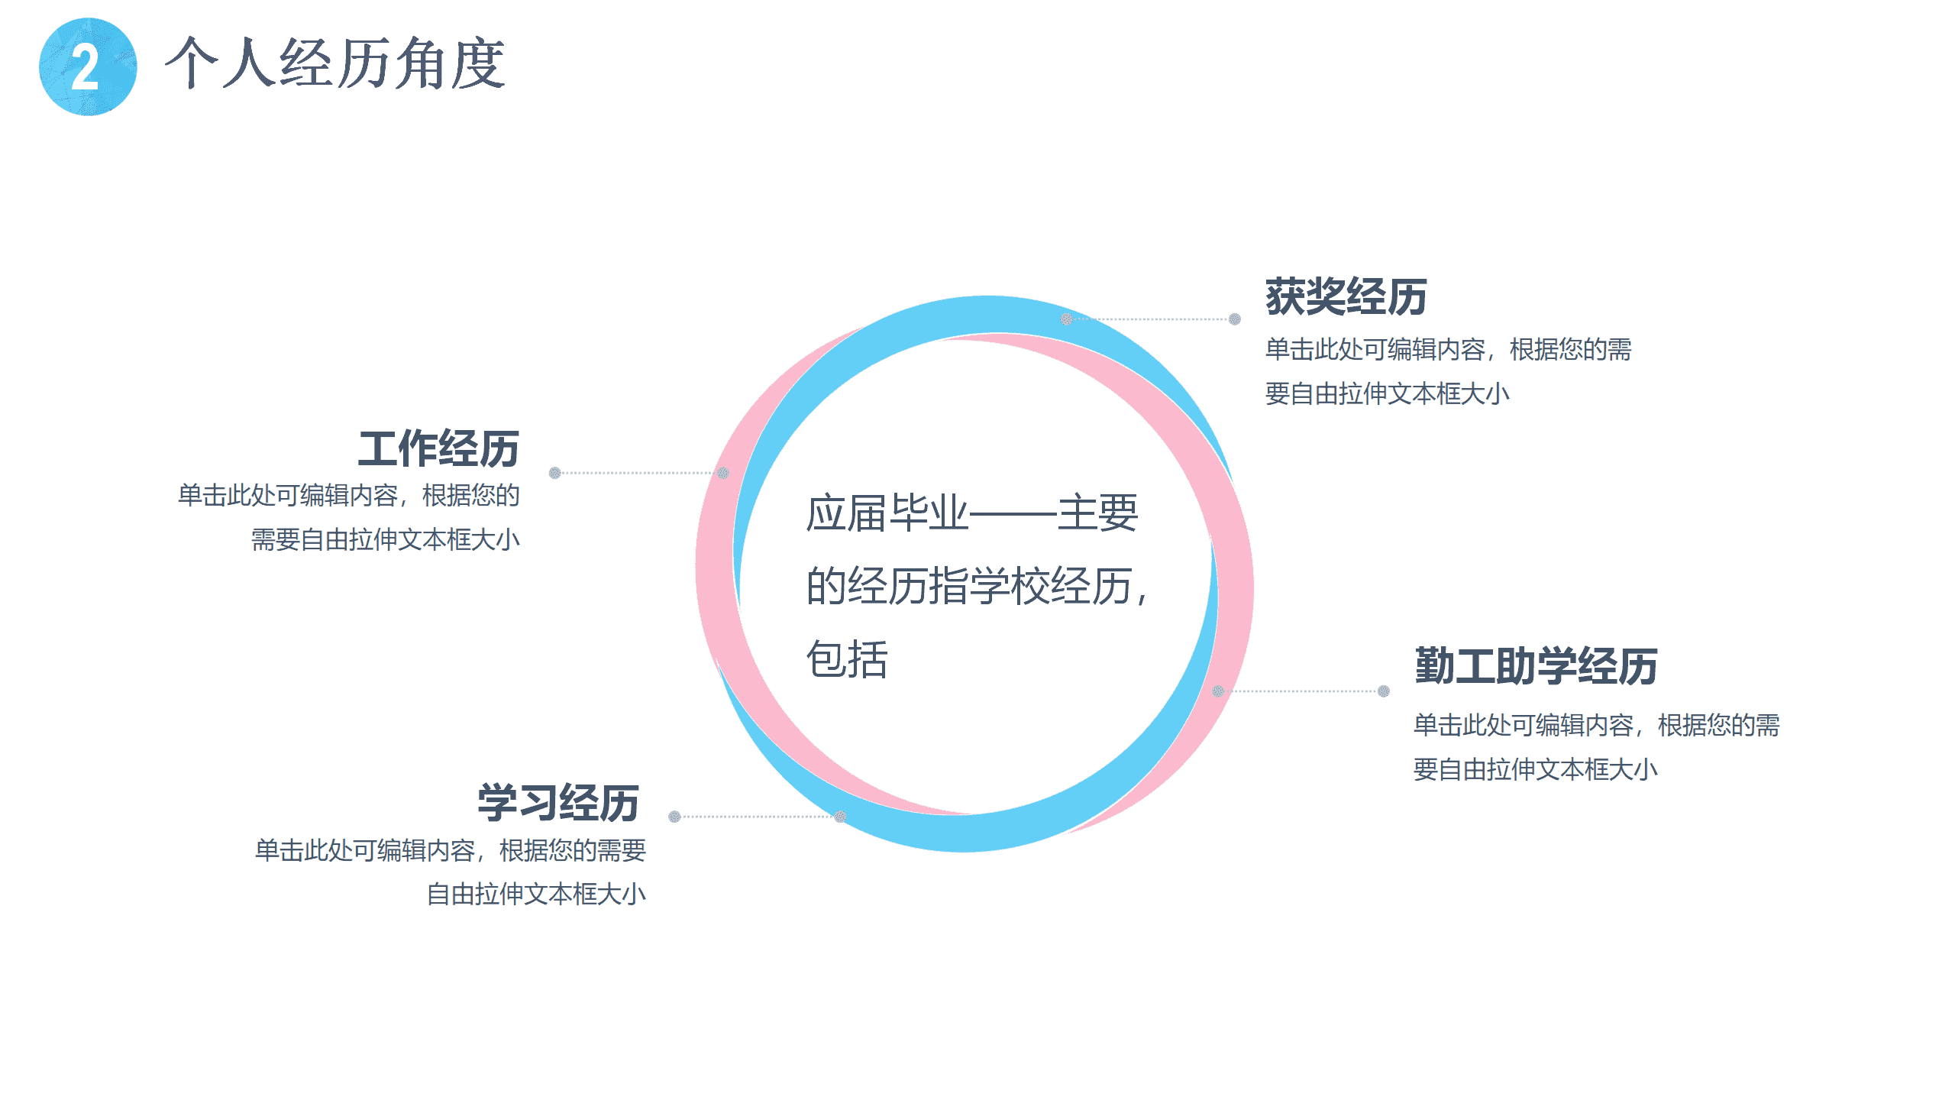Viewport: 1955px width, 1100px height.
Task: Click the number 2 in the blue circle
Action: point(86,66)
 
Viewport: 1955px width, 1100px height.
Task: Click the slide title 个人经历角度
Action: point(335,63)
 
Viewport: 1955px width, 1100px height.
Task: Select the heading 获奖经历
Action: point(1346,296)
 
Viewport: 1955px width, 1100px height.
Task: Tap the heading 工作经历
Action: point(439,448)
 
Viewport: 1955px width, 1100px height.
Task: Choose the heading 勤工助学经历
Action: point(1536,665)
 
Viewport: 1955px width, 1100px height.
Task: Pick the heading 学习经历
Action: point(558,803)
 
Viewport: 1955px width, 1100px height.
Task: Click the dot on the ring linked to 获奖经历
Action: point(1066,319)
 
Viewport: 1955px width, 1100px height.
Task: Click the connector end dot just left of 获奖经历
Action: point(1235,319)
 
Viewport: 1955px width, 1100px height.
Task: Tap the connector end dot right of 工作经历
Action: point(555,473)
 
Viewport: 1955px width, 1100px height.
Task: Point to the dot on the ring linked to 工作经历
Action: point(723,473)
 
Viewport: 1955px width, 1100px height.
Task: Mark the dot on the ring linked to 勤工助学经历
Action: point(1218,691)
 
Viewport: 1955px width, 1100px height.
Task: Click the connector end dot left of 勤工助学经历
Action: point(1384,691)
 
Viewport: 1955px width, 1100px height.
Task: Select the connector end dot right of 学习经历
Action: point(674,817)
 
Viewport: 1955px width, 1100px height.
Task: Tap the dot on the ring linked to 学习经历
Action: point(840,817)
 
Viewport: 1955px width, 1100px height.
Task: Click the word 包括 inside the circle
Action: point(847,659)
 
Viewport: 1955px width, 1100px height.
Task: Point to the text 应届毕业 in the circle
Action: point(887,513)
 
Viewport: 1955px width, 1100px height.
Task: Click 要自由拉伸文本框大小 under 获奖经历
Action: point(1387,393)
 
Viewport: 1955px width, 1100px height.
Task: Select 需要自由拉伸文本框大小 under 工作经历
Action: point(386,539)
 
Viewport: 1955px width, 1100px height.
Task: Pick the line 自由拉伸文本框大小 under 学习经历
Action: point(536,894)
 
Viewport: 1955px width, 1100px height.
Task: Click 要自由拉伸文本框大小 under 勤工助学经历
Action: point(1535,769)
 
